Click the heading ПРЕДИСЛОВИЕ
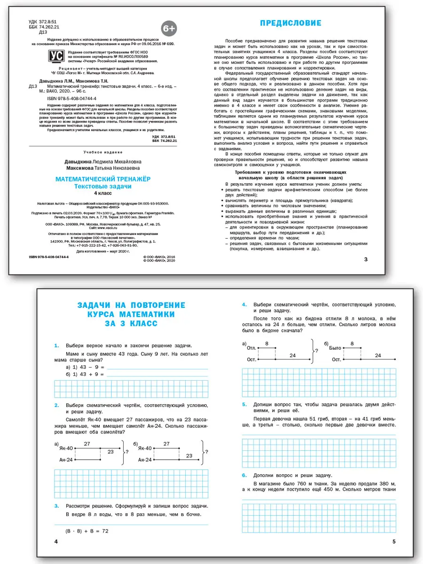coord(291,23)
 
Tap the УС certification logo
coord(56,57)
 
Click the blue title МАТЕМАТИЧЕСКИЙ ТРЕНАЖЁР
coord(102,179)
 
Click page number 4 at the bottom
coord(56,542)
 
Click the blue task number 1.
coord(56,346)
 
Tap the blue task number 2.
coord(56,405)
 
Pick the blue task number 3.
coord(56,506)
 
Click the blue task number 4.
coord(244,305)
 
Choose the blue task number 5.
coord(244,405)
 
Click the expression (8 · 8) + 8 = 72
coord(87,530)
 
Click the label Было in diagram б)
coord(335,348)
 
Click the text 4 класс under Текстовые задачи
coord(102,193)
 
